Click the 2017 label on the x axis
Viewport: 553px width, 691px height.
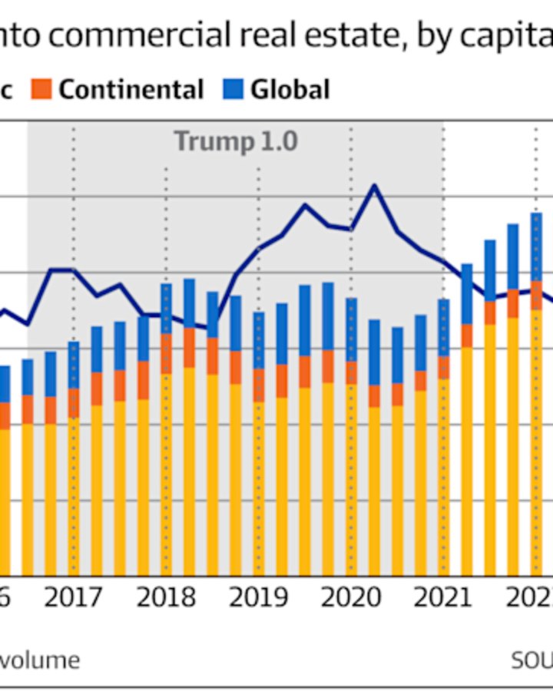(73, 597)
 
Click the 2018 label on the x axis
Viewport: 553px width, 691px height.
(166, 597)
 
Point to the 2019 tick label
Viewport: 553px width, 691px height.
(258, 597)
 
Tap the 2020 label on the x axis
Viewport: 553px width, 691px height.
(351, 597)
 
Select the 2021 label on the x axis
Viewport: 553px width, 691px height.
(443, 597)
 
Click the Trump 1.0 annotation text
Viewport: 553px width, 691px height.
(235, 141)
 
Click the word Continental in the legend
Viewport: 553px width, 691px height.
(131, 89)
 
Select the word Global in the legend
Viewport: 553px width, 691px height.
(290, 89)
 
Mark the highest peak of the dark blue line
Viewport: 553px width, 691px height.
(374, 186)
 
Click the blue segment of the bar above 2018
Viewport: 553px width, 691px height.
(166, 307)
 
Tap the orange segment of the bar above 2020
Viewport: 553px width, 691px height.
(351, 372)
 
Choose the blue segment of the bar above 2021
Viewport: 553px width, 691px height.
(443, 326)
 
